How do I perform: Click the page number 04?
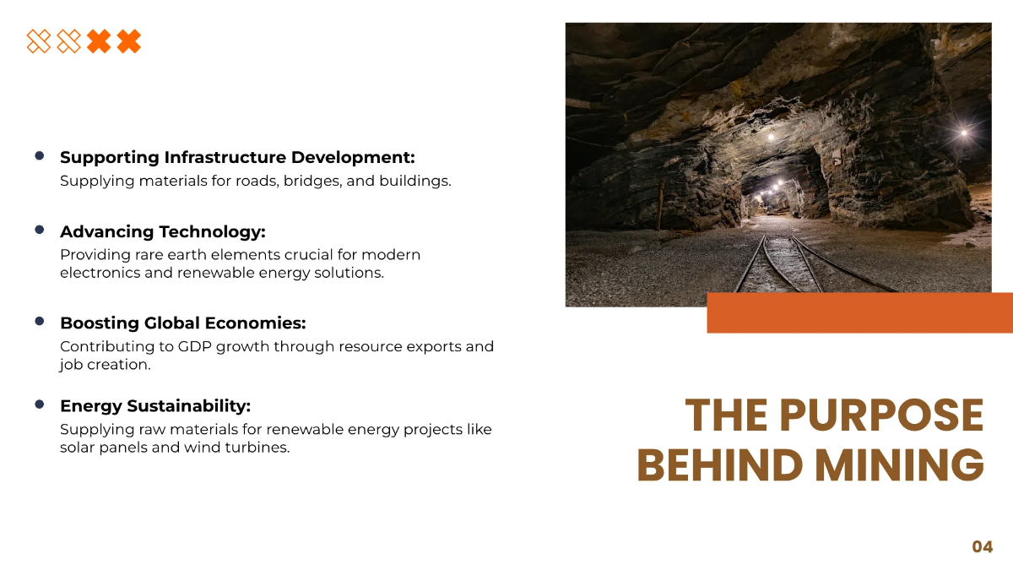click(x=982, y=547)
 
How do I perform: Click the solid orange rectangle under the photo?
click(x=859, y=312)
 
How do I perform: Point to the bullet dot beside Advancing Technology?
click(x=39, y=230)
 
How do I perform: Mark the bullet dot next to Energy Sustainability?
click(x=39, y=404)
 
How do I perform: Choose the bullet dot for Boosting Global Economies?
click(x=39, y=321)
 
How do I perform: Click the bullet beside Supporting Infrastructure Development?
click(x=39, y=155)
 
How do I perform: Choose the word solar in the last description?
click(x=76, y=448)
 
